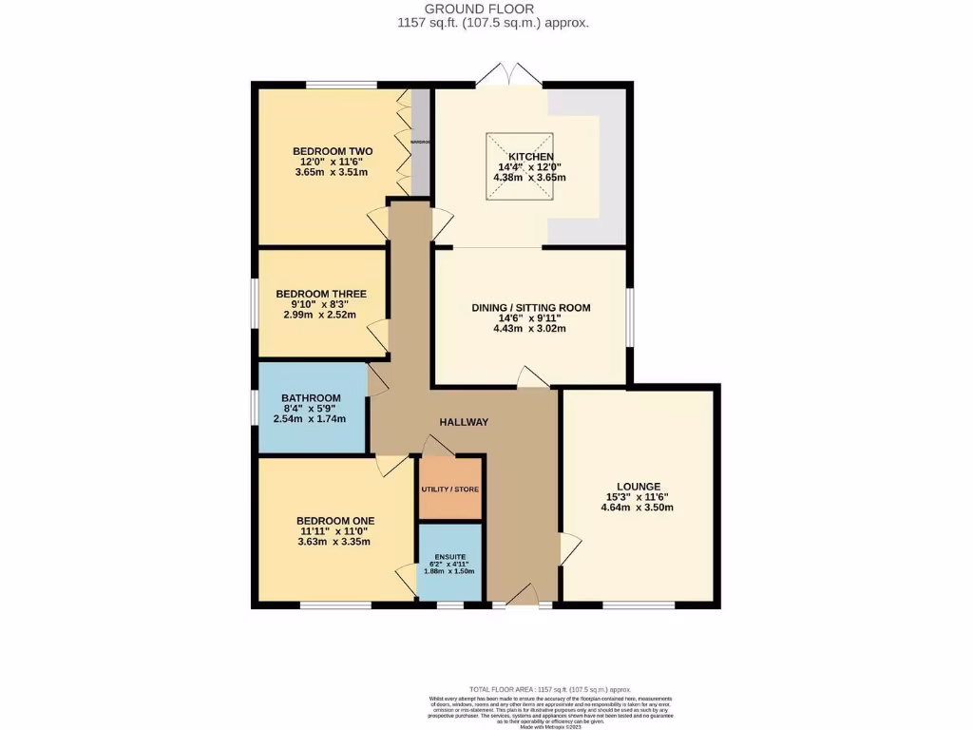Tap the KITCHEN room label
[x=530, y=157]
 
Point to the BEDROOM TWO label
[x=332, y=151]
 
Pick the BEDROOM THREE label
[x=320, y=294]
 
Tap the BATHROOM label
[x=311, y=398]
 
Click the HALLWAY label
[x=463, y=422]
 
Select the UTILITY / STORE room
[x=450, y=489]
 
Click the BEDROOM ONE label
[x=334, y=521]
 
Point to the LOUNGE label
[x=637, y=487]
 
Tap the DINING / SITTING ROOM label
[x=531, y=308]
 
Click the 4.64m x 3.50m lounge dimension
[x=637, y=508]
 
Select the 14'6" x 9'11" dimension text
[x=531, y=318]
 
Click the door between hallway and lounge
[x=569, y=547]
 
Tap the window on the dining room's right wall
[x=630, y=316]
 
